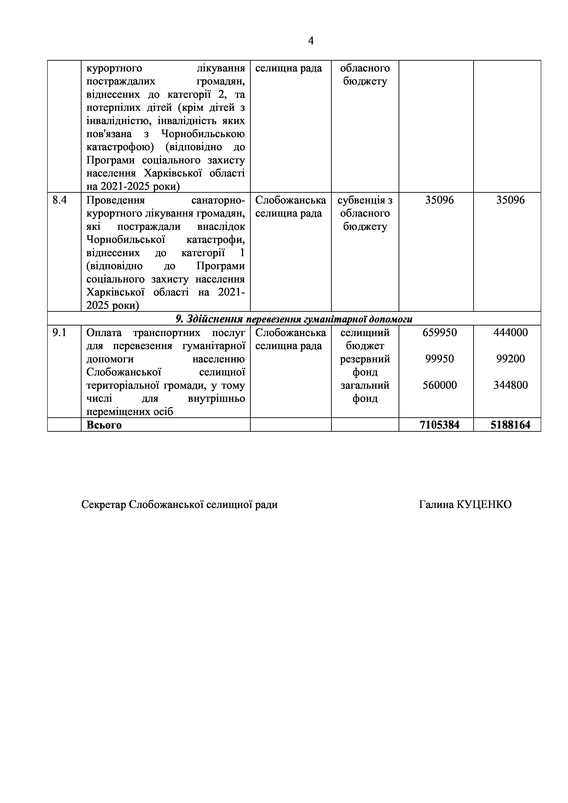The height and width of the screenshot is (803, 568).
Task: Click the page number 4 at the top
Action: click(x=311, y=41)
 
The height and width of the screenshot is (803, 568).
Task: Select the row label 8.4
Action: click(x=60, y=200)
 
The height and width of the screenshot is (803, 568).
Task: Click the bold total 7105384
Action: click(x=439, y=425)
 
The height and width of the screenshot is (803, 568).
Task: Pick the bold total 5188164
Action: click(x=510, y=425)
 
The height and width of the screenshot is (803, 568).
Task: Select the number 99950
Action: click(x=439, y=359)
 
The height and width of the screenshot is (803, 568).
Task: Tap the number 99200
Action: click(x=510, y=359)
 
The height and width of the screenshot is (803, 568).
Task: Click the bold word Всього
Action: click(x=104, y=425)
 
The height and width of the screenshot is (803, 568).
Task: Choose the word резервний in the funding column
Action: click(x=365, y=359)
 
